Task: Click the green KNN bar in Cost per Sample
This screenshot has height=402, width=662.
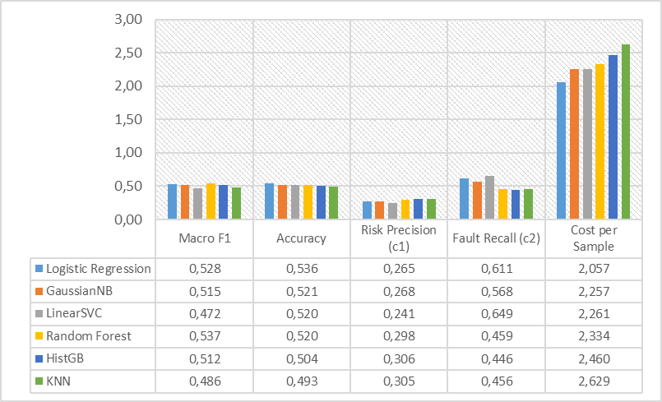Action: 626,132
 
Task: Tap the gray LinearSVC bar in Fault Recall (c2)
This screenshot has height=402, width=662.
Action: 489,197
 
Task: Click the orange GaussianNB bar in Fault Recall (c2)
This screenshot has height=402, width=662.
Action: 476,201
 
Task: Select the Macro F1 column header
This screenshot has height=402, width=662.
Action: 204,238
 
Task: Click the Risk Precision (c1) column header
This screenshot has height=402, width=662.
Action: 399,238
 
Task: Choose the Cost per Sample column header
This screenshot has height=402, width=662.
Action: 593,238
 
